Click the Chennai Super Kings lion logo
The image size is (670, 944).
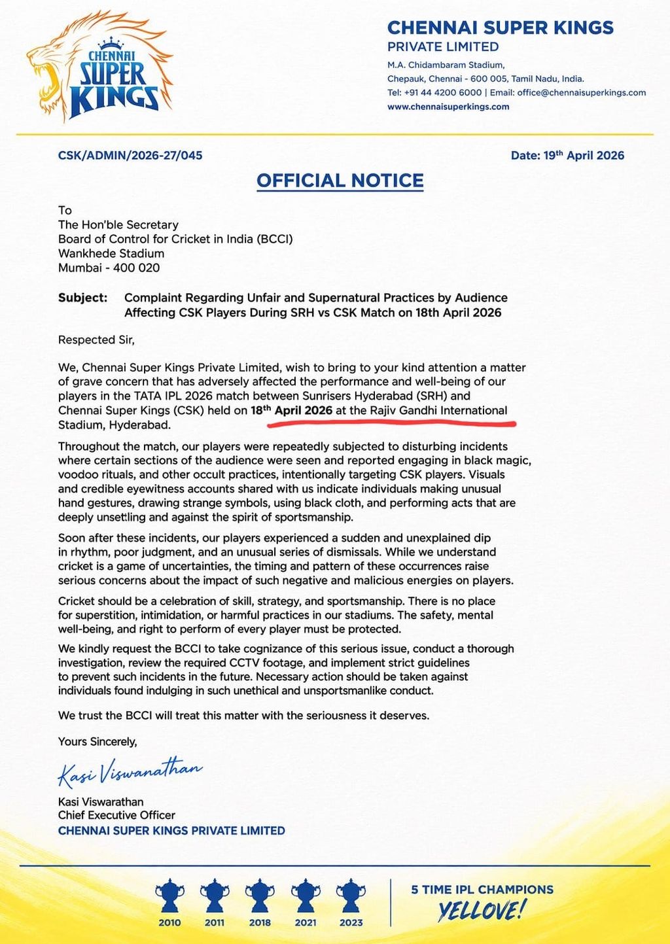(x=98, y=69)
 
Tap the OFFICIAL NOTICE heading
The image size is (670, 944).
(x=340, y=181)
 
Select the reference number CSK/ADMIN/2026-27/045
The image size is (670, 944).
(x=130, y=156)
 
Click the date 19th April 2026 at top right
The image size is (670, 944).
(x=567, y=156)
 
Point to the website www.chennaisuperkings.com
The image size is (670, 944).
(x=448, y=107)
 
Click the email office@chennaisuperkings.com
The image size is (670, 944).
(x=581, y=93)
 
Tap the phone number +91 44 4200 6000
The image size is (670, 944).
(x=443, y=93)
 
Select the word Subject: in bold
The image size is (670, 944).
(x=82, y=298)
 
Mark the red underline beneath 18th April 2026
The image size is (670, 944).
(x=391, y=423)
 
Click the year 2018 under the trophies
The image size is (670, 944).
(x=260, y=923)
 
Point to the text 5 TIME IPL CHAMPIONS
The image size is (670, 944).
(x=482, y=890)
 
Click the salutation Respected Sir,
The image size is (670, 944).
(x=96, y=340)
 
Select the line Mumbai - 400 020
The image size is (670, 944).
(x=109, y=268)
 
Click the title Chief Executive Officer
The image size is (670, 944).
(x=116, y=816)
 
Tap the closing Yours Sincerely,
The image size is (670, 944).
(x=97, y=742)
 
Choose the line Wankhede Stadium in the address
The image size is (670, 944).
(x=111, y=254)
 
